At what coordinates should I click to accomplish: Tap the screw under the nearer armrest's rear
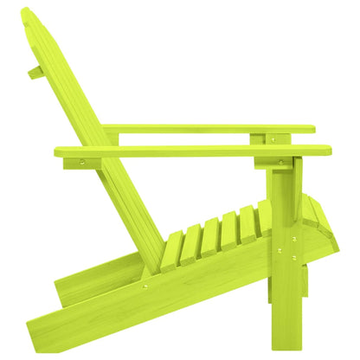[83, 161]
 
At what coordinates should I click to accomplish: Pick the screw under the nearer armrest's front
[281, 162]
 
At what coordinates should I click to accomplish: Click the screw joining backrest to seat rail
[145, 286]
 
